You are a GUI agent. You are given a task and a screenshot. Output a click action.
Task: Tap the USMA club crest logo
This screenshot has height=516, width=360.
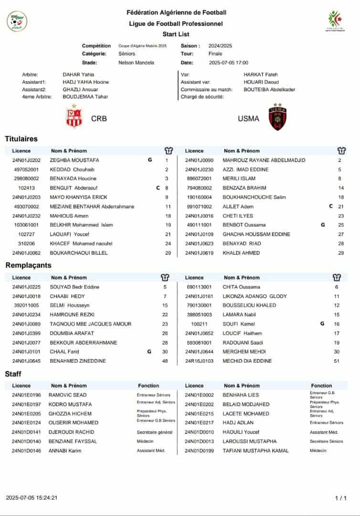(x=277, y=118)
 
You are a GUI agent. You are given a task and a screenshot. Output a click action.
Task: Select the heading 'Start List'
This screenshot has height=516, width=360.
(x=176, y=34)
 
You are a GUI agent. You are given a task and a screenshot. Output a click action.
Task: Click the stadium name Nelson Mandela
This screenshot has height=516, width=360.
(x=136, y=63)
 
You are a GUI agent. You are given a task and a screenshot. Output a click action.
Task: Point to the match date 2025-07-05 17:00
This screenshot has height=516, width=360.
(x=229, y=63)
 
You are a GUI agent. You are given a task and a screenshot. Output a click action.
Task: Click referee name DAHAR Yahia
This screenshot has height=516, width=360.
(x=78, y=75)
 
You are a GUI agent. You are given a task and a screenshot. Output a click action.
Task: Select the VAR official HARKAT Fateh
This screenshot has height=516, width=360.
(x=261, y=75)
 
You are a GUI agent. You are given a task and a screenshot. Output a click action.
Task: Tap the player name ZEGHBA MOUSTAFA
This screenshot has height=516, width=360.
(x=74, y=160)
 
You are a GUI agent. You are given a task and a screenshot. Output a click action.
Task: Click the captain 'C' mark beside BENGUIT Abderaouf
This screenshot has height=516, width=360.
(x=158, y=188)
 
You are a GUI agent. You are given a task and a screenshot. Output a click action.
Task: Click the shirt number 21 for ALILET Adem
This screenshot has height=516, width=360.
(x=341, y=206)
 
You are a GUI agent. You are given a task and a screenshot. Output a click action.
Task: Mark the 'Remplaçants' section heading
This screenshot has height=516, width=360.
(x=28, y=265)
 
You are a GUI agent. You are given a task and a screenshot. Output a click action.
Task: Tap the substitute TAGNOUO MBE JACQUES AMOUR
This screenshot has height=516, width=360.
(x=91, y=324)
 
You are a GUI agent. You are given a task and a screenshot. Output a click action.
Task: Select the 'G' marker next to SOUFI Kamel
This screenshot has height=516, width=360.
(x=322, y=324)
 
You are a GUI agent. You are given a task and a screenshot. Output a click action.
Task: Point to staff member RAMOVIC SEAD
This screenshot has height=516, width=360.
(x=68, y=395)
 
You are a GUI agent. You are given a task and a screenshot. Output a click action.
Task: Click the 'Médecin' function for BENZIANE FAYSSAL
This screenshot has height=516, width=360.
(x=145, y=441)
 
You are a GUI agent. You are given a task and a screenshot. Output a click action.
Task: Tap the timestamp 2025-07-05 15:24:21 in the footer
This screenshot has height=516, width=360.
(x=32, y=498)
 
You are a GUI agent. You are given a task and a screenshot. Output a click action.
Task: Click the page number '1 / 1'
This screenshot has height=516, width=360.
(x=341, y=498)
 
